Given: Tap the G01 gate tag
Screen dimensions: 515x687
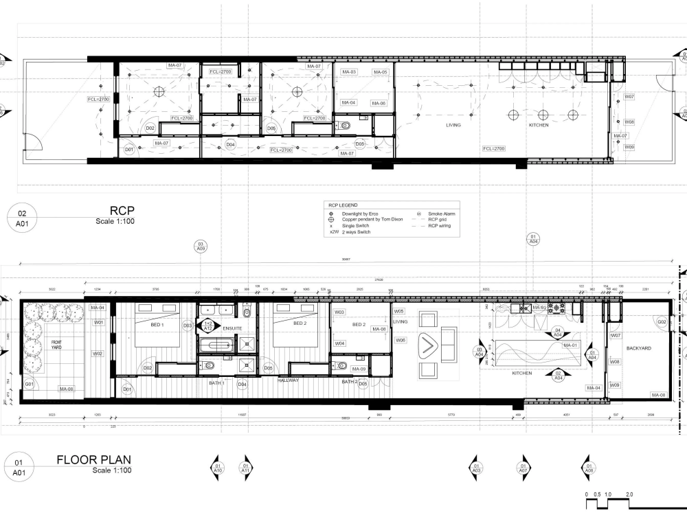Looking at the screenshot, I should (29, 385).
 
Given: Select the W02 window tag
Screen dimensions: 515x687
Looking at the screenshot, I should (98, 354).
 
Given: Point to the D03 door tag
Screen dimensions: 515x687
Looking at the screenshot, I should (187, 325).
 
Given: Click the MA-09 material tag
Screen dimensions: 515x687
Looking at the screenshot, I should (359, 369).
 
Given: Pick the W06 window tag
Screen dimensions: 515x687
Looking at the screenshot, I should (401, 340).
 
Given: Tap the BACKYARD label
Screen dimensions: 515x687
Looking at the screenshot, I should (638, 348).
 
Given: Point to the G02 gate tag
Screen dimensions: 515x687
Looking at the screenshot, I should (662, 321).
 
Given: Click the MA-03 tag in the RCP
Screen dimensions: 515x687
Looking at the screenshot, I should (349, 72).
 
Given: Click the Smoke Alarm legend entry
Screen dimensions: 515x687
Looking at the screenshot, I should (442, 214).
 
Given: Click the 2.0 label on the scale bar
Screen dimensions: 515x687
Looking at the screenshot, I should (629, 494).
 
